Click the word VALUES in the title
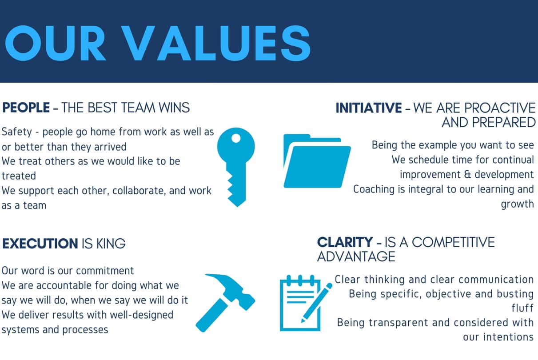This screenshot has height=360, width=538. pos(215,43)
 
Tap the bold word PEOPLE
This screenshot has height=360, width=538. pos(26,108)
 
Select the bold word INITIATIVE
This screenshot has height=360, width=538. pos(368,108)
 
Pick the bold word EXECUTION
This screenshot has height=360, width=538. pos(40,244)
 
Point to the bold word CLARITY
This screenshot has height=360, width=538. pos(345,242)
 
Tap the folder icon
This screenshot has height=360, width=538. pos(317,161)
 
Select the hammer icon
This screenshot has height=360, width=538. pos(225,303)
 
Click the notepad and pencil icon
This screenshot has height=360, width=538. pos(306,303)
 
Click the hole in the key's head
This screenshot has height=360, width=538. pos(236,138)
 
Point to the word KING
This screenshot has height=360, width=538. pos(111,244)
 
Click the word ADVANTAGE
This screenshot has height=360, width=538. pos(356,256)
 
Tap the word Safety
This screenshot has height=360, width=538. pos(17,132)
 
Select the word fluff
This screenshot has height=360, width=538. pos(522,308)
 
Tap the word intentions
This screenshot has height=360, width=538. pos(508,337)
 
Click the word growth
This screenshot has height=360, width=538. pos(518,204)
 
